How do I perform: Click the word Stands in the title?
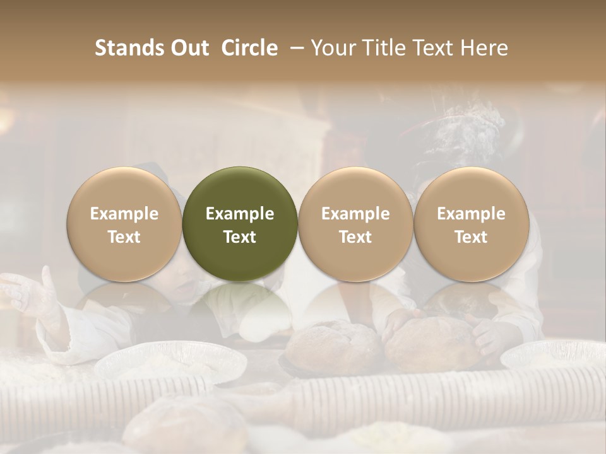tap(129, 48)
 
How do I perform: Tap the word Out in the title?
tap(188, 48)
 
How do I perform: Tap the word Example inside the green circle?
tap(240, 214)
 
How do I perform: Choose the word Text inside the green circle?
tap(240, 237)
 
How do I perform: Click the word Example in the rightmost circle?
tap(471, 214)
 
